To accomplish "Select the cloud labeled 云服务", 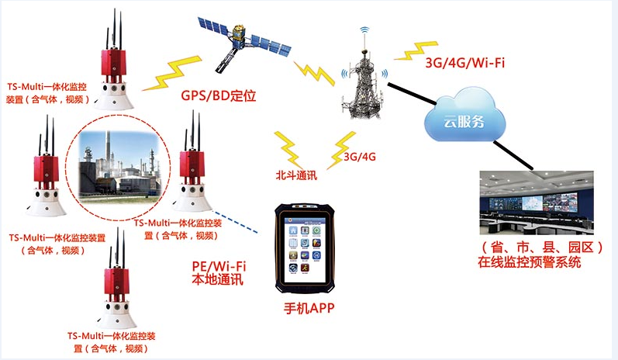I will (463, 118).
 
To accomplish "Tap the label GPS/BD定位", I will (219, 97).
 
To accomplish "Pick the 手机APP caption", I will (309, 310).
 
